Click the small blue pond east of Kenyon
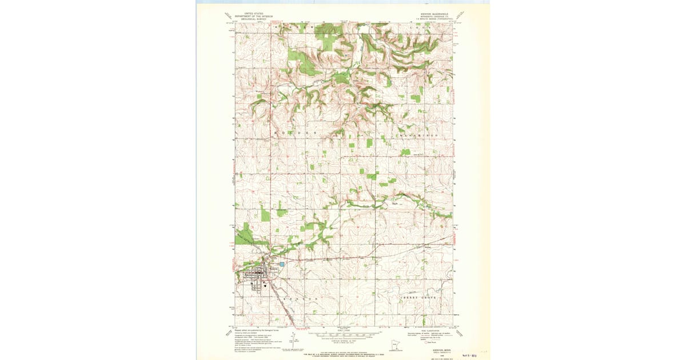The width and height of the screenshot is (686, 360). tap(281, 265)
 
